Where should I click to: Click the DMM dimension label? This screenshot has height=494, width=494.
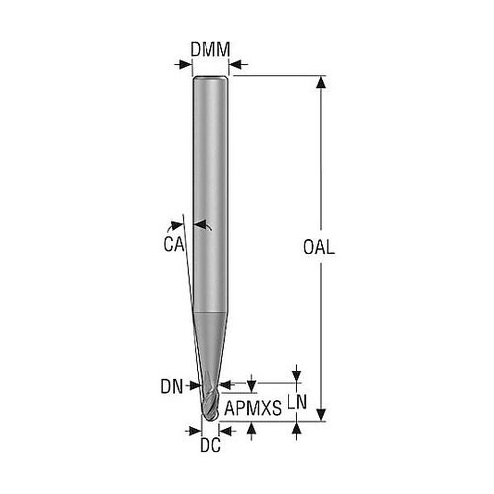point(210,50)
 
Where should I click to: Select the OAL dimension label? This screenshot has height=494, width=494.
point(319,247)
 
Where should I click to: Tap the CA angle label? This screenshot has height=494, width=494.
point(174,244)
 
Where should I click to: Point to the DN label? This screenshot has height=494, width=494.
point(171,387)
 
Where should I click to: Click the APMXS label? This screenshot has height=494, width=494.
point(253,408)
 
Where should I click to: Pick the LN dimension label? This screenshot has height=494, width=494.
point(297,402)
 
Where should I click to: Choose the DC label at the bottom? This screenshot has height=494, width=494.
point(210,446)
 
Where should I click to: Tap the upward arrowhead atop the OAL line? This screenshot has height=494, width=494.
point(321,82)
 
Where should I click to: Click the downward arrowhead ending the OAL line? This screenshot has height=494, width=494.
point(321,415)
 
